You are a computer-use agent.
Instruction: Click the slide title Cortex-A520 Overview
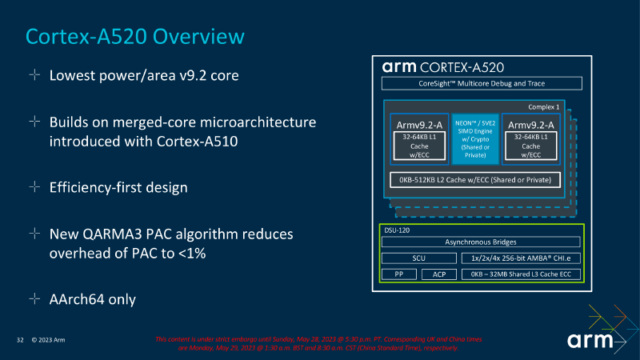point(134,36)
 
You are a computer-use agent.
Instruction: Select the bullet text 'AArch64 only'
point(93,299)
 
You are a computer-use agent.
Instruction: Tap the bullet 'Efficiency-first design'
point(118,187)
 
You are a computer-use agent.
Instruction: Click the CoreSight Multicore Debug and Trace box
point(481,83)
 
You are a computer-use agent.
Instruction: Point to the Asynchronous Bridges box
point(481,242)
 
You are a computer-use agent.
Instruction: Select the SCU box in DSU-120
point(418,258)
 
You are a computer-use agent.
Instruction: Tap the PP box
point(398,274)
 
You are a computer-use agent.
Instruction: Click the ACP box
point(438,274)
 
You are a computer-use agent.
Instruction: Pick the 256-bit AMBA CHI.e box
point(521,258)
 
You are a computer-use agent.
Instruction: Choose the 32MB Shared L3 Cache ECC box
point(521,274)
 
